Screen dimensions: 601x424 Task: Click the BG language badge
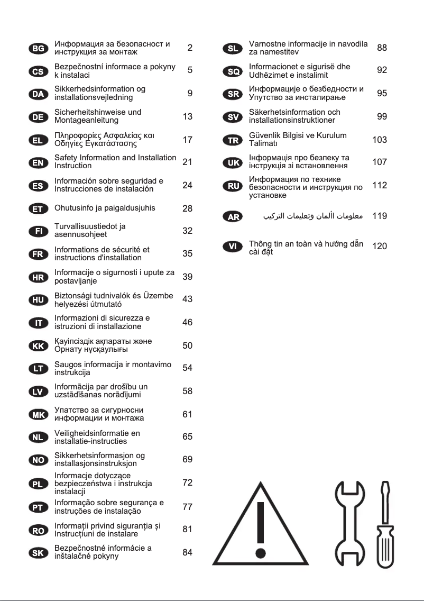point(38,48)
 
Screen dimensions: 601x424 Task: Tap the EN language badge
point(38,162)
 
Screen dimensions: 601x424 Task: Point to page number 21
point(187,162)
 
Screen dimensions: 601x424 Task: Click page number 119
point(380,216)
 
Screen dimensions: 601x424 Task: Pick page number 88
point(382,48)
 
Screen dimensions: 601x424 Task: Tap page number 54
point(187,368)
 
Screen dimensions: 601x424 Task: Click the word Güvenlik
point(265,135)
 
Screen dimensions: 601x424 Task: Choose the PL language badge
point(38,483)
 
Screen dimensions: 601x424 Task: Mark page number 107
point(380,162)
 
